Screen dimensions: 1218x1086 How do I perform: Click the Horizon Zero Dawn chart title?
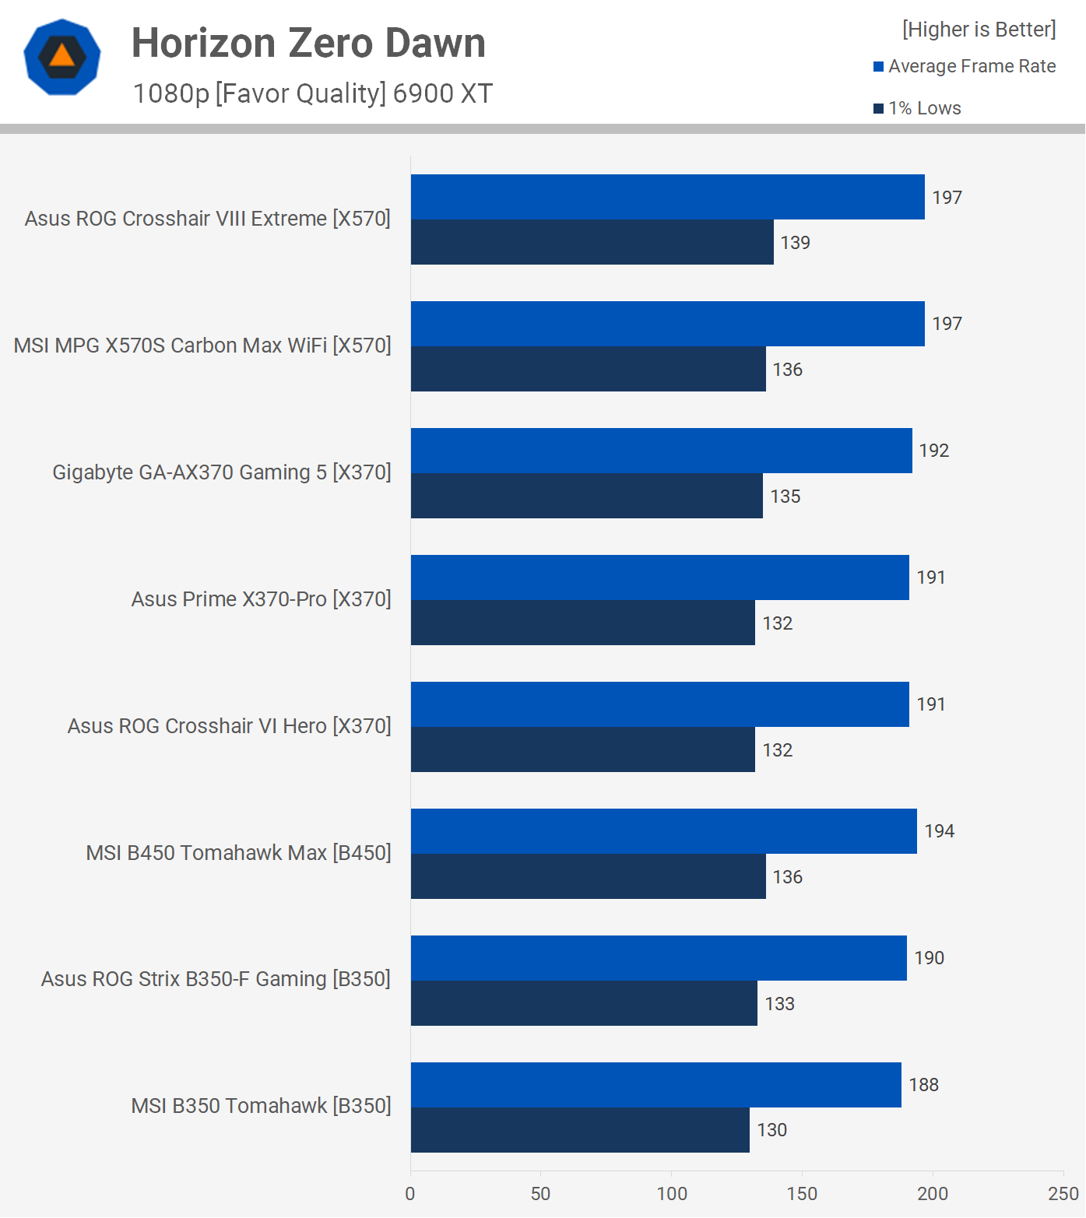coord(308,43)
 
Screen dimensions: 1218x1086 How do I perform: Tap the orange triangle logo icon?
coord(62,57)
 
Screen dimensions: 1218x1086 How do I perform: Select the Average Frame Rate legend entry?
coord(965,66)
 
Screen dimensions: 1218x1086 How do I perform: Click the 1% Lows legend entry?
coord(918,108)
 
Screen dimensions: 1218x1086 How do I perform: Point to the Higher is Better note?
coord(979,30)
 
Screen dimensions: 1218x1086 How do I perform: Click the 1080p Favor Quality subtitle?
coord(313,93)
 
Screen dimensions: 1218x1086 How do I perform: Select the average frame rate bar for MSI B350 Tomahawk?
coord(655,1084)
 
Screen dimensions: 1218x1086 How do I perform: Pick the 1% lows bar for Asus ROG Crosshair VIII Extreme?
coord(592,242)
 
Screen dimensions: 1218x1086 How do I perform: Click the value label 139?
coord(795,243)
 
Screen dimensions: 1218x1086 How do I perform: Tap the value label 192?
coord(933,451)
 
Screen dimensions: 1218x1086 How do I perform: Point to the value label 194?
coord(939,831)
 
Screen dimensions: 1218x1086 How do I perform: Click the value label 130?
coord(771,1130)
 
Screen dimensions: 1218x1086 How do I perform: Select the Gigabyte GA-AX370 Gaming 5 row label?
coord(221,472)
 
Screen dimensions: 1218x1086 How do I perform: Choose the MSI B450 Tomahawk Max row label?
coord(238,853)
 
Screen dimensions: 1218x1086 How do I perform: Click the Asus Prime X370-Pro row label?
coord(261,599)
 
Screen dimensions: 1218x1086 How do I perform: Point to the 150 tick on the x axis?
coord(802,1194)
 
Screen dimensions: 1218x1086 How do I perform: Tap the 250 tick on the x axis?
coord(1063,1194)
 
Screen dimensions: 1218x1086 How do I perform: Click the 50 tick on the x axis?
coord(540,1194)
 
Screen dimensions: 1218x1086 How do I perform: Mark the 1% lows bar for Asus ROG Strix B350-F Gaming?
coord(584,1003)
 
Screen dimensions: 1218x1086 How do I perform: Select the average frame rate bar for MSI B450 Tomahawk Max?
coord(663,831)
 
